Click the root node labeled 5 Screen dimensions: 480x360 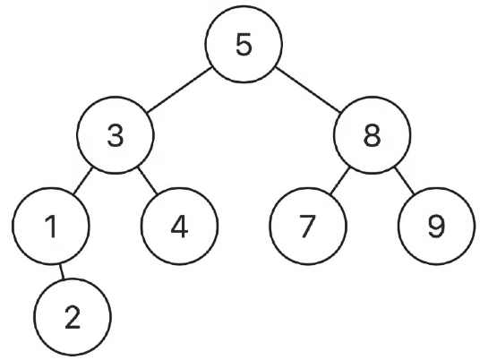(244, 44)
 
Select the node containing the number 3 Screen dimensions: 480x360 (116, 135)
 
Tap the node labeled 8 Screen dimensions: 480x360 (372, 135)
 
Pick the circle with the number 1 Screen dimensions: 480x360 (51, 226)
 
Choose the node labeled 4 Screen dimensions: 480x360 (179, 226)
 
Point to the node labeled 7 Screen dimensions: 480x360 (308, 226)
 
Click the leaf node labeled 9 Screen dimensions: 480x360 (436, 226)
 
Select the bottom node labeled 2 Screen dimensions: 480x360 (73, 317)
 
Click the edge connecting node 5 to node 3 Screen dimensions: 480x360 (179, 90)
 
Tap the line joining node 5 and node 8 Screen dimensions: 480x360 (308, 90)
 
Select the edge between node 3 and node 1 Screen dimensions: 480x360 (82, 181)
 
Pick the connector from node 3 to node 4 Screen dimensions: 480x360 (148, 181)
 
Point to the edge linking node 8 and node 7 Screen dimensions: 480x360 (339, 181)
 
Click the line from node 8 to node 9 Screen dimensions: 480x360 (405, 181)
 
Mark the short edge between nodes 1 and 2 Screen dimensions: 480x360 (62, 271)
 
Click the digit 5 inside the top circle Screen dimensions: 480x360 (244, 45)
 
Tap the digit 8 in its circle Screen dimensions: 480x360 (373, 135)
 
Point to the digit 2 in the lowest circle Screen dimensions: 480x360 (73, 318)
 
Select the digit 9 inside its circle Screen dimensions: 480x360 (436, 227)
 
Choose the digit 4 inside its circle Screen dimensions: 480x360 (179, 227)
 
